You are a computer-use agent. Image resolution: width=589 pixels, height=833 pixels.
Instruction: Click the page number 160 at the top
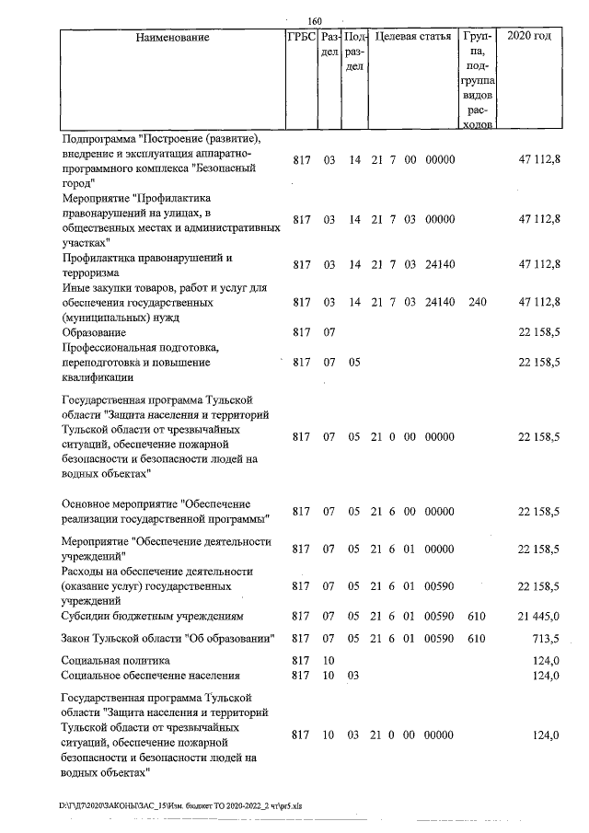(316, 21)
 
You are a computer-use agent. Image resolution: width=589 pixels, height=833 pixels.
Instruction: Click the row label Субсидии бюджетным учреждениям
(152, 615)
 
